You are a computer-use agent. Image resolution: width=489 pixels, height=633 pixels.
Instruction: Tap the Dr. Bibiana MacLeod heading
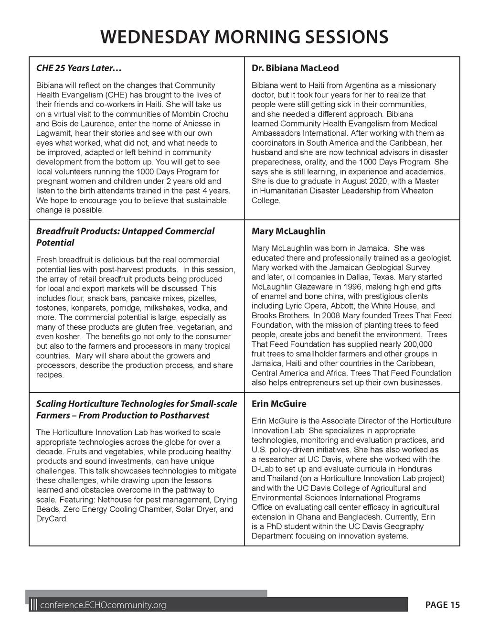tap(295, 68)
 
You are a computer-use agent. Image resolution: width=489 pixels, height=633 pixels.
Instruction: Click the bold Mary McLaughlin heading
tap(288, 231)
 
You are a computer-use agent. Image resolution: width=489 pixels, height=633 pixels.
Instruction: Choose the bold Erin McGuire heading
tap(279, 404)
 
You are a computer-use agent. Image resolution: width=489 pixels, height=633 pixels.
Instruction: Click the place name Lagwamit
tap(53, 133)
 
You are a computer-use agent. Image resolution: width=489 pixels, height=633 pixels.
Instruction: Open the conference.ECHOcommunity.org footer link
tap(104, 605)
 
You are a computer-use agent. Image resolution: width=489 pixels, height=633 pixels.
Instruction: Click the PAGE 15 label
tap(442, 605)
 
